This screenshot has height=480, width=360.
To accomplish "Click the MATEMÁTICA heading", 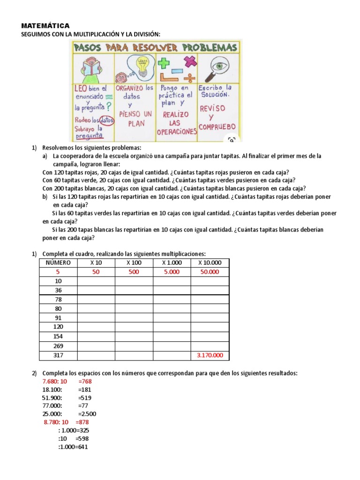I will click(x=45, y=26).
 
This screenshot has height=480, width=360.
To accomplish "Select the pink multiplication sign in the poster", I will click(x=190, y=61).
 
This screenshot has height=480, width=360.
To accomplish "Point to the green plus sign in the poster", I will click(x=163, y=62).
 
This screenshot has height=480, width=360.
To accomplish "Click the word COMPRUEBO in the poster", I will click(x=217, y=127).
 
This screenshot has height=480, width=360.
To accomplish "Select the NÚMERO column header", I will click(x=58, y=262).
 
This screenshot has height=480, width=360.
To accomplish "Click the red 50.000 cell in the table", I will click(x=210, y=272).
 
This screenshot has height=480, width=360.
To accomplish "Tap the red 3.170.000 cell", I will click(x=210, y=355).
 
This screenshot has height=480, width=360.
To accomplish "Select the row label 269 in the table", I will click(x=58, y=346).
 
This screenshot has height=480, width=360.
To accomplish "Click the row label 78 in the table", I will click(x=58, y=300).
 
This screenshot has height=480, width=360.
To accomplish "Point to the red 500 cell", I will click(x=134, y=272).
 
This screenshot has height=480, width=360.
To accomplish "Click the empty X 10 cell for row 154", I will click(x=96, y=337).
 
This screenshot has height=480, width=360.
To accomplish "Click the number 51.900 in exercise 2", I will click(x=52, y=398).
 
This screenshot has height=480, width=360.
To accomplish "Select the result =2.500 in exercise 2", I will click(x=87, y=414).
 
